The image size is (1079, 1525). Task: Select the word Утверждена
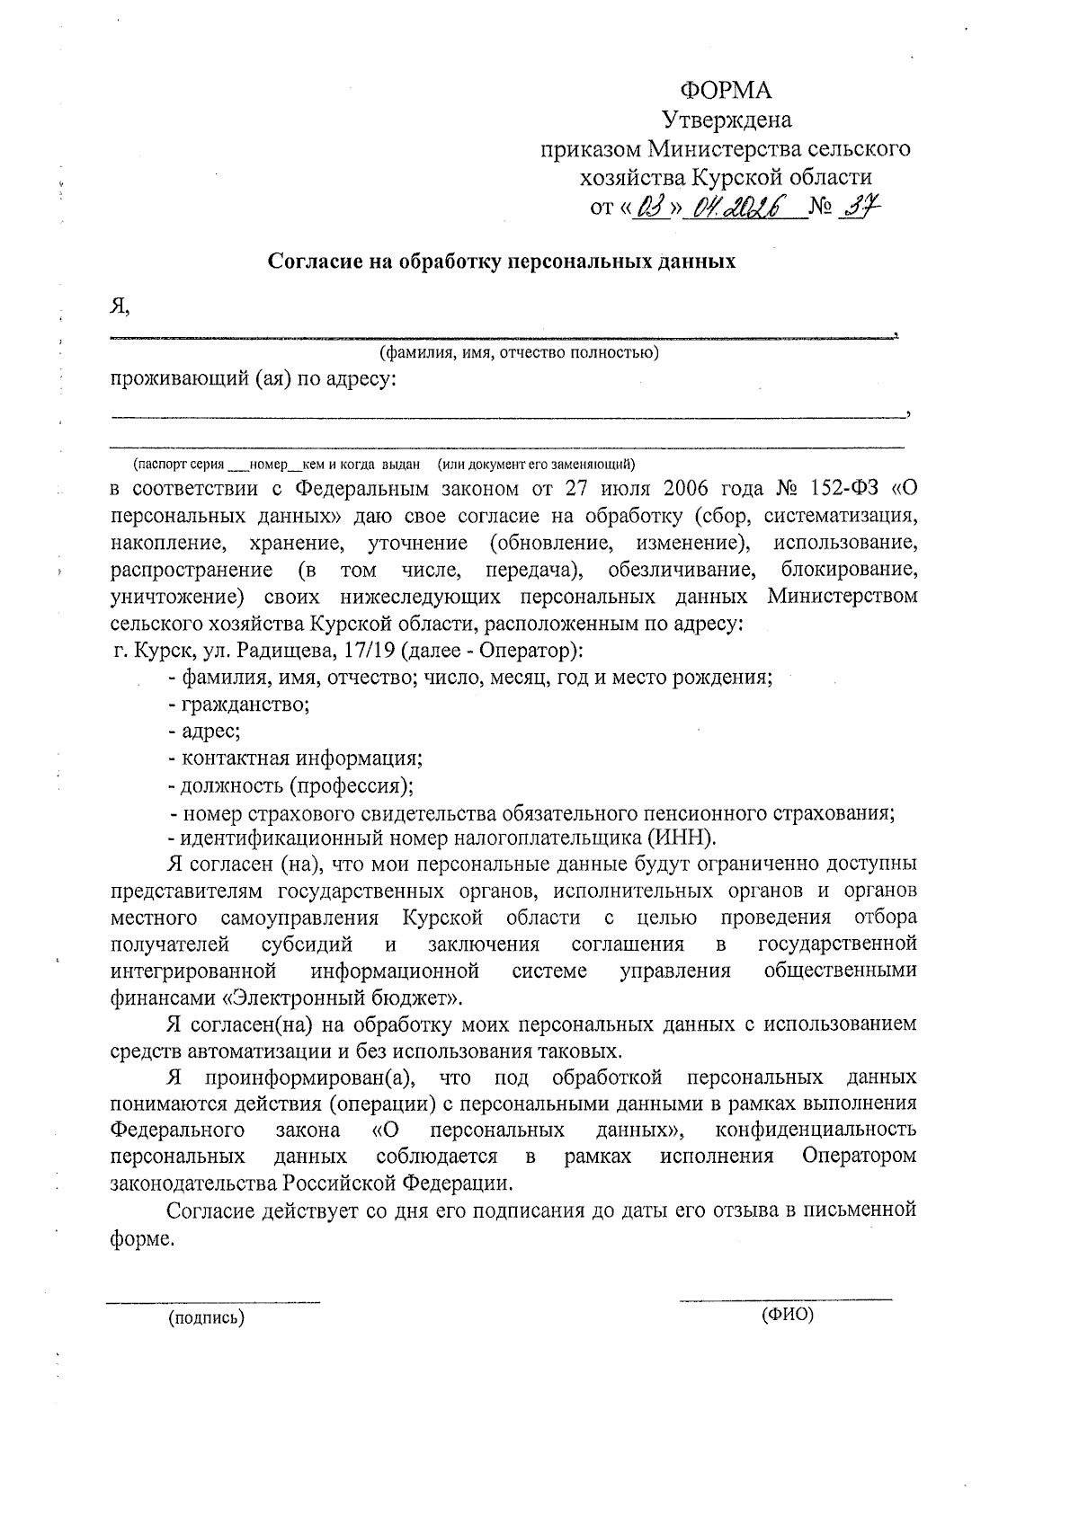tap(727, 119)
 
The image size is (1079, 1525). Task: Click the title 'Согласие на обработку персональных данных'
tap(502, 262)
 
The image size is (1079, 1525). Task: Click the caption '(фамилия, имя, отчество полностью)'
tap(519, 352)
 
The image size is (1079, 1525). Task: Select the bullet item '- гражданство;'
tap(239, 704)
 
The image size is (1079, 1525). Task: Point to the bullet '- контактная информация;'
tap(296, 758)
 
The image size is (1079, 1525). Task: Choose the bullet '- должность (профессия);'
tap(291, 785)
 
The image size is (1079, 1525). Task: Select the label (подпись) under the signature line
tap(206, 1318)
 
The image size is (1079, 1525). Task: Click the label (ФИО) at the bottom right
tap(787, 1315)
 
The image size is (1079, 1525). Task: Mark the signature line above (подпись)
tap(214, 1299)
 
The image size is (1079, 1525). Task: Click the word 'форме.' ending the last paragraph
tap(139, 1237)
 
